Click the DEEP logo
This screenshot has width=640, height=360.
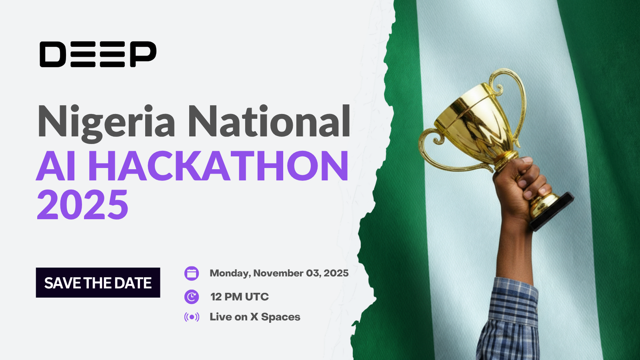98,54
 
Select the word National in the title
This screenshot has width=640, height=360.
269,121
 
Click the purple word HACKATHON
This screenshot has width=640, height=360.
221,166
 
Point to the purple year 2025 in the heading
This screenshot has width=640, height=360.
82,205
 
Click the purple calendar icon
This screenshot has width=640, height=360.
192,274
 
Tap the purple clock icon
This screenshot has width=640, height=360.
192,297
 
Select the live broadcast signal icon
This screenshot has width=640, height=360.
192,317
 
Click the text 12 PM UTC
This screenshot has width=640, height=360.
239,297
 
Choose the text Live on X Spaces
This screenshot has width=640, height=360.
255,317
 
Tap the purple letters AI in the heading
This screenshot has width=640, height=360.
56,166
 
